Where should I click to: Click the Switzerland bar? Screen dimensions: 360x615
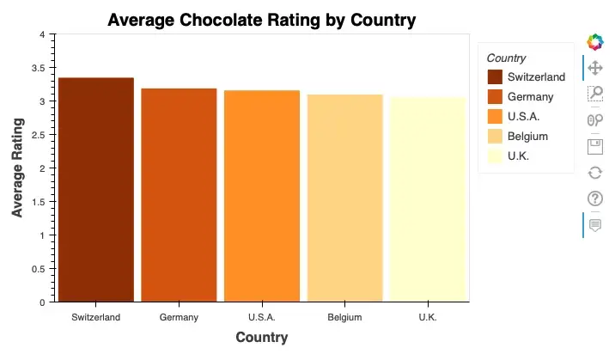(x=96, y=190)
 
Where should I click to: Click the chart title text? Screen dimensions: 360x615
(x=261, y=20)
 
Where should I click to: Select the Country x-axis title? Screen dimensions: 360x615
(x=261, y=338)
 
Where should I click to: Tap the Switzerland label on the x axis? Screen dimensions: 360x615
(x=96, y=317)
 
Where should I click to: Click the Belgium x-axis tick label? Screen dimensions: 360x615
(x=344, y=317)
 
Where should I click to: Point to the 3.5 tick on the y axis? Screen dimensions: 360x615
(x=39, y=68)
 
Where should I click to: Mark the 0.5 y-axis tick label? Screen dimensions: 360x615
(x=39, y=269)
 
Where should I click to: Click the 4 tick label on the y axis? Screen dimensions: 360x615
(x=42, y=34)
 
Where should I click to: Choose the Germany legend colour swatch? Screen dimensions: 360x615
(x=494, y=97)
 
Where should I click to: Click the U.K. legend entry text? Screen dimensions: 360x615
(x=518, y=156)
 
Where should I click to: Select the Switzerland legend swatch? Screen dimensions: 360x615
(x=494, y=77)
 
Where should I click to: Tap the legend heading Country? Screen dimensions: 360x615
(x=506, y=58)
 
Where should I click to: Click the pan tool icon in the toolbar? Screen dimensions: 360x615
(x=594, y=67)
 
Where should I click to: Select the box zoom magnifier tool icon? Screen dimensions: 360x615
(x=594, y=94)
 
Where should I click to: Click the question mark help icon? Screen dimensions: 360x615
(x=594, y=198)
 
